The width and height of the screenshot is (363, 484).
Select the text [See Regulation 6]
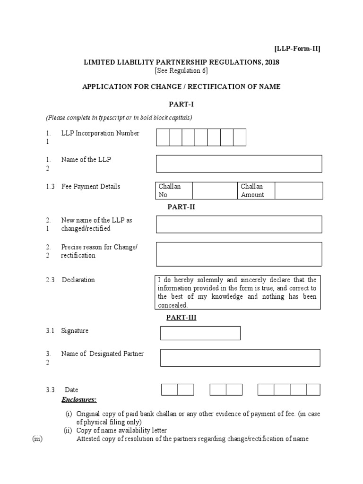[x=181, y=71]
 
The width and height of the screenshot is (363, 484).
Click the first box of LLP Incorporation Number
[x=163, y=137]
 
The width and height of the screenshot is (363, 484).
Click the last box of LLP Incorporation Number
[x=240, y=137]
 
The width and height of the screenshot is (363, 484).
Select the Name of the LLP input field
[x=239, y=164]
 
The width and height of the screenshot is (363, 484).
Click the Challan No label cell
[x=173, y=190]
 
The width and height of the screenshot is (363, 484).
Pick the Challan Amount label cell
[x=256, y=190]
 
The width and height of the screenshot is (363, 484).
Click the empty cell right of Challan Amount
[x=299, y=190]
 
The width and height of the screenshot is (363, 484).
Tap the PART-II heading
[x=181, y=207]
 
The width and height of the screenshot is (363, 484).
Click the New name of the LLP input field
[x=239, y=225]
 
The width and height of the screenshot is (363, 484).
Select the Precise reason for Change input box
[x=239, y=254]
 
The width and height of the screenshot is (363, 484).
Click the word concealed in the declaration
[x=173, y=305]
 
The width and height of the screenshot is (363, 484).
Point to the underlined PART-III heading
[x=181, y=318]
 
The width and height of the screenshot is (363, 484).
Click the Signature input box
[x=200, y=333]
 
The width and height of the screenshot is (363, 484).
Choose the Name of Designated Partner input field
[x=240, y=358]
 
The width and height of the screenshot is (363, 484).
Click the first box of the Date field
[x=170, y=389]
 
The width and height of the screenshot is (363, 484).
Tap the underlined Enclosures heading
[x=79, y=399]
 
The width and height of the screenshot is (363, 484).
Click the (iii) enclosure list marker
[x=37, y=439]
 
